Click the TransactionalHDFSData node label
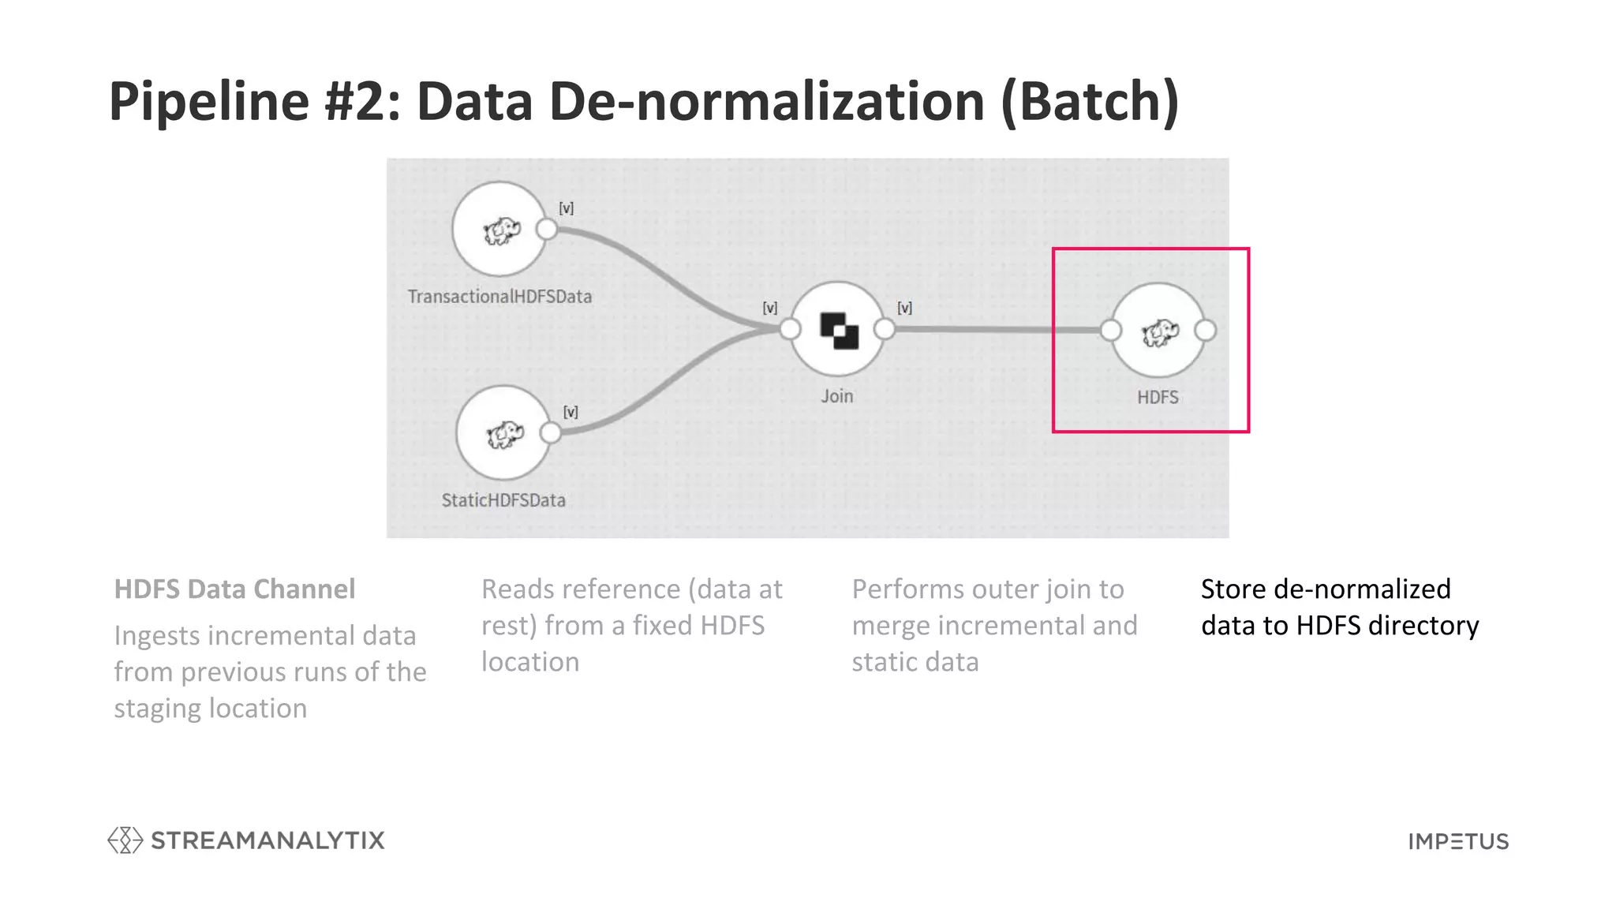click(499, 297)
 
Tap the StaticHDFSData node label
click(503, 500)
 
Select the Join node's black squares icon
click(839, 331)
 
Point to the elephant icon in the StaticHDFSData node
click(505, 434)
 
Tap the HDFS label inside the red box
click(1158, 397)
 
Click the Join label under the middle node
click(836, 396)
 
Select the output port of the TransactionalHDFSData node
click(546, 230)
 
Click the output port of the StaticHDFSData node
click(551, 432)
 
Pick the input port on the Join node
click(790, 329)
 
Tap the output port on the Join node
click(885, 329)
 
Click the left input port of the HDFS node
click(1110, 331)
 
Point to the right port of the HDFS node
click(1206, 331)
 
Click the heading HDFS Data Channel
click(234, 589)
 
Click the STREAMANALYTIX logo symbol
click(125, 840)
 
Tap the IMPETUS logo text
click(1458, 842)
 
